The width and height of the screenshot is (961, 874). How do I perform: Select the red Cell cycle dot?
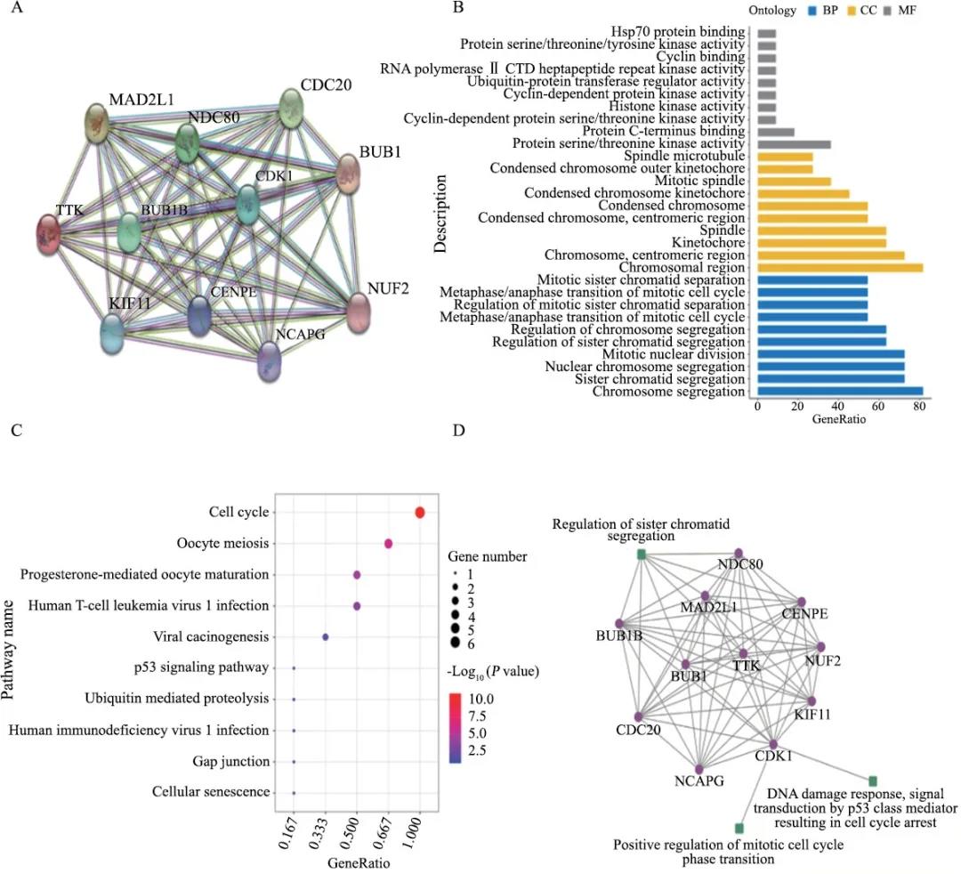[419, 512]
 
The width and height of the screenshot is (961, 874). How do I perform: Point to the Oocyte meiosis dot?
[388, 544]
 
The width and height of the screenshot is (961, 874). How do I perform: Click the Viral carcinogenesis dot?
[326, 637]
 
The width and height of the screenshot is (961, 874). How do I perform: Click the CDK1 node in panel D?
[774, 744]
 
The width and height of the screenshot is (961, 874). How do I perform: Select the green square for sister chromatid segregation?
[641, 555]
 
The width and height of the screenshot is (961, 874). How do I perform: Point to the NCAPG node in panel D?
[699, 769]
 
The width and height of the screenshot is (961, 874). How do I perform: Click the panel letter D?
[458, 432]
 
